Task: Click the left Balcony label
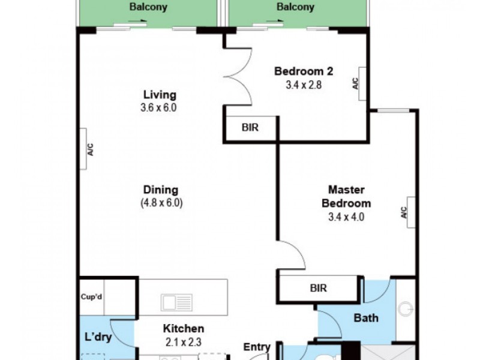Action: [148, 8]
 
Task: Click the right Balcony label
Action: [295, 8]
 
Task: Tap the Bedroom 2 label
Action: [304, 71]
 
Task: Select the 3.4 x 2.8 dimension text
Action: [304, 85]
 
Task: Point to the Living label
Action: [160, 95]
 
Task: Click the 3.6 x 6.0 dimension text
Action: [160, 108]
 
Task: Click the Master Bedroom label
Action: [346, 197]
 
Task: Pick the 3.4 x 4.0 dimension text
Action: [346, 217]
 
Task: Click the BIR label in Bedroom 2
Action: [250, 127]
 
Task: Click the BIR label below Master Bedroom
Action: [319, 288]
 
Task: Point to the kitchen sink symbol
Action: [176, 302]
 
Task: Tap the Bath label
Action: [365, 318]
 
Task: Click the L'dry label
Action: [98, 337]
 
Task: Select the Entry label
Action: [257, 347]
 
